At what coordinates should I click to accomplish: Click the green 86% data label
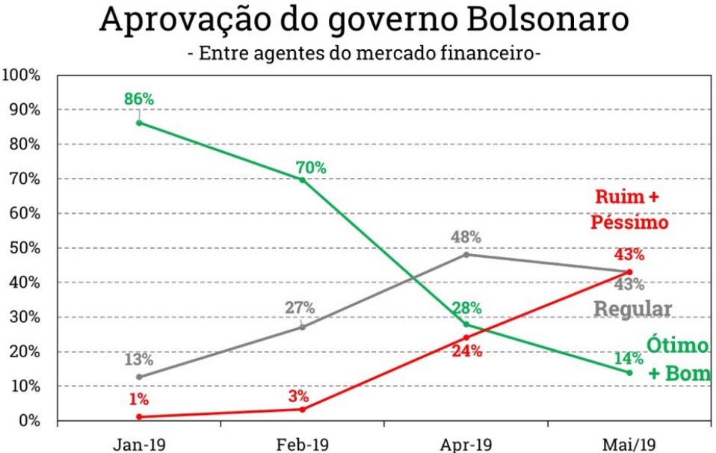tap(140, 99)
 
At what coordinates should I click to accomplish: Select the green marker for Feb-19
tap(303, 179)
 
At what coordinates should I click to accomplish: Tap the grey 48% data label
tap(466, 237)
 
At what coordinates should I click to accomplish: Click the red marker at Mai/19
tap(629, 272)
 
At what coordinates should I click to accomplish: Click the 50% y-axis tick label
tap(24, 248)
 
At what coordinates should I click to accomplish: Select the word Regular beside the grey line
tap(633, 309)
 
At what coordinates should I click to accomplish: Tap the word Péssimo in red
tap(629, 222)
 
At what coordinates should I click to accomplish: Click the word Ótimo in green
tap(677, 346)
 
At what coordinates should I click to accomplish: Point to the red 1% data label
tap(140, 399)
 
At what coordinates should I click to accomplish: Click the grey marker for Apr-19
tap(466, 254)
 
